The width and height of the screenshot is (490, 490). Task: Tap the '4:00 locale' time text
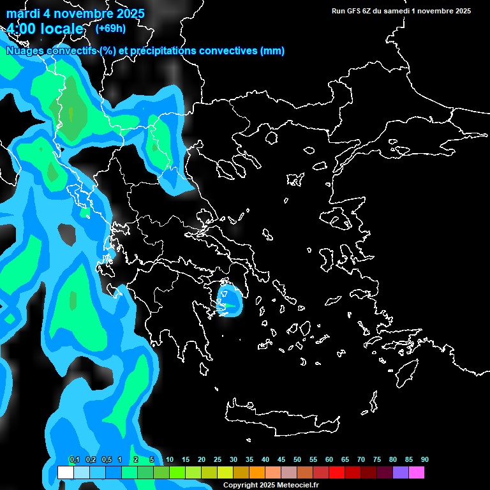(x=45, y=29)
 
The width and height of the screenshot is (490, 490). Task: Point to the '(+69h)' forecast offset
(x=110, y=28)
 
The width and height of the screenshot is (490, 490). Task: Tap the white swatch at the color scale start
(x=65, y=473)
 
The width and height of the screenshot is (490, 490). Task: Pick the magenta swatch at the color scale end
(x=417, y=473)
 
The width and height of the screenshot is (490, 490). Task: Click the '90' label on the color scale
(x=424, y=460)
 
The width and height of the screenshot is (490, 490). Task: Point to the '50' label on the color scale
(x=297, y=460)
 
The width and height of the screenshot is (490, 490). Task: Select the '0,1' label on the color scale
(x=75, y=460)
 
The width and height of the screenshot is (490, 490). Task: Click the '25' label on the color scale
(x=218, y=460)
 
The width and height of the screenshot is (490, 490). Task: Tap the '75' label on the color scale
(x=377, y=460)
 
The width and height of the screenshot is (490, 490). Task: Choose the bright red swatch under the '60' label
(x=337, y=473)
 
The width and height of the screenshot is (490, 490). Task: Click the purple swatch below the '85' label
(x=401, y=473)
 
